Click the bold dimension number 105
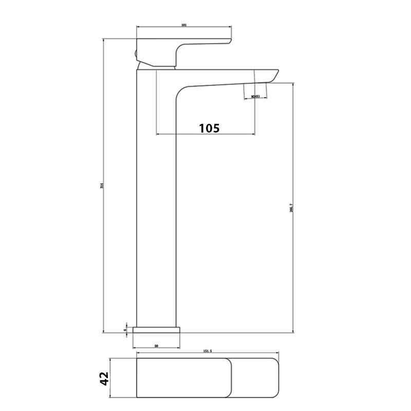coord(209,128)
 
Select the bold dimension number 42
coord(104,378)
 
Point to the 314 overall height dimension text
coord(101,185)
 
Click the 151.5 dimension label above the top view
coord(208,351)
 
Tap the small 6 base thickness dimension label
coord(125,324)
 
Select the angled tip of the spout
coord(273,75)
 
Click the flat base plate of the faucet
coord(158,329)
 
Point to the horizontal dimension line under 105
coord(206,135)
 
